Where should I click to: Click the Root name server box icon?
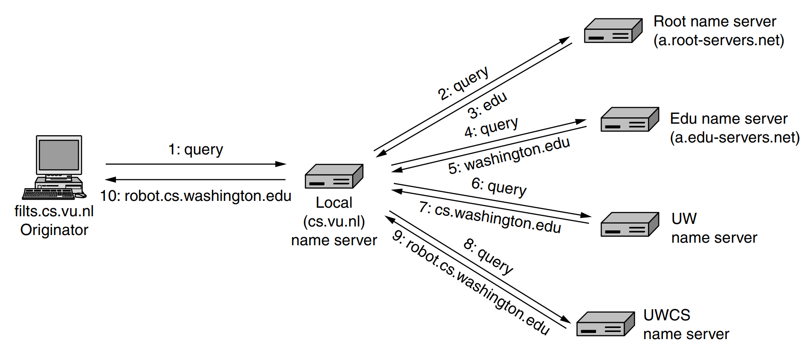tap(613, 31)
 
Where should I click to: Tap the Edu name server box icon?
tap(629, 119)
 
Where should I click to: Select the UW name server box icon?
tap(629, 224)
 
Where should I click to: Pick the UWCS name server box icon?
tap(605, 324)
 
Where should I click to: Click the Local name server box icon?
tap(334, 177)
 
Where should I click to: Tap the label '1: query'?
tap(196, 150)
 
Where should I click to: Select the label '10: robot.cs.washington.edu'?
tap(196, 196)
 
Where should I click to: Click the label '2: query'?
tap(463, 84)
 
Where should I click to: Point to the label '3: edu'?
tap(487, 105)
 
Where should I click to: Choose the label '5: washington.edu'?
tap(509, 156)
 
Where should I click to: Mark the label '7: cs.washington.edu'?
tap(490, 218)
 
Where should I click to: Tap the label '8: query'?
tap(489, 256)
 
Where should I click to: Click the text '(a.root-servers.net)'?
tap(719, 41)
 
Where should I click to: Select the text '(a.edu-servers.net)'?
tap(735, 138)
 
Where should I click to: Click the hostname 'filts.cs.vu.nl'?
tap(54, 211)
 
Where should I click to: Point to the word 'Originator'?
tap(54, 230)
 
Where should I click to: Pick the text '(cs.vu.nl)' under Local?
tap(334, 221)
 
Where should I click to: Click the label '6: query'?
tap(499, 187)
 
